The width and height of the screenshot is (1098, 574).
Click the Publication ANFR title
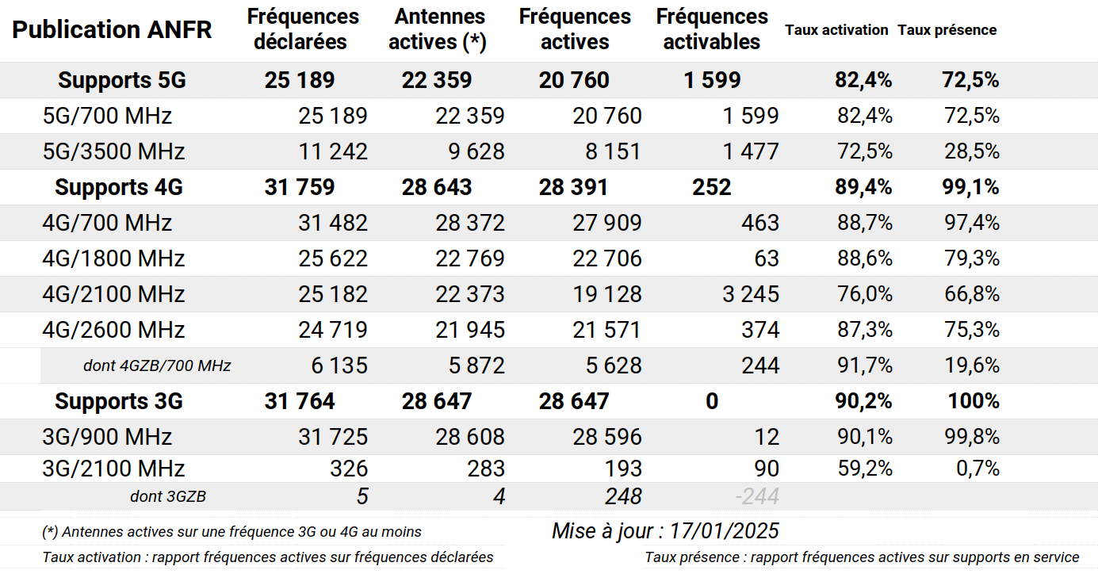[112, 30]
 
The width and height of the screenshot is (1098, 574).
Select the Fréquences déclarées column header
[302, 29]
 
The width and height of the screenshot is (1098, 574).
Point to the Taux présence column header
[947, 30]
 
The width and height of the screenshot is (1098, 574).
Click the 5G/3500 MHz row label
[113, 151]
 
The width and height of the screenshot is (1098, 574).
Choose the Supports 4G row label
[119, 187]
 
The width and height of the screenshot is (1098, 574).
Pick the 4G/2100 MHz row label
[113, 294]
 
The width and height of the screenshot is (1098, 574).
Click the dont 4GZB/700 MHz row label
[157, 365]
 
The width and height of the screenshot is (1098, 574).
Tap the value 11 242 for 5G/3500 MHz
[333, 151]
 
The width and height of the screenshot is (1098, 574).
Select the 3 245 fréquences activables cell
[750, 294]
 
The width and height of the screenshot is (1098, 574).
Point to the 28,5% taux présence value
[972, 151]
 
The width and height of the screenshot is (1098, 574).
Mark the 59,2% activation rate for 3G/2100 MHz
[865, 468]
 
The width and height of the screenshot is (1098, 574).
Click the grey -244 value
[757, 497]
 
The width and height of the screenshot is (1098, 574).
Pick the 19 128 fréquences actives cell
[607, 294]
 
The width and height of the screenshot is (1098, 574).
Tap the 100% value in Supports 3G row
[974, 401]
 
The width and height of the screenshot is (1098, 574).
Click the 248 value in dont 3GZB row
[623, 497]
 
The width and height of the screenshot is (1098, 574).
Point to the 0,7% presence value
[977, 468]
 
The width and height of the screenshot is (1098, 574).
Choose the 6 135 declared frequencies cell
[333, 365]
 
